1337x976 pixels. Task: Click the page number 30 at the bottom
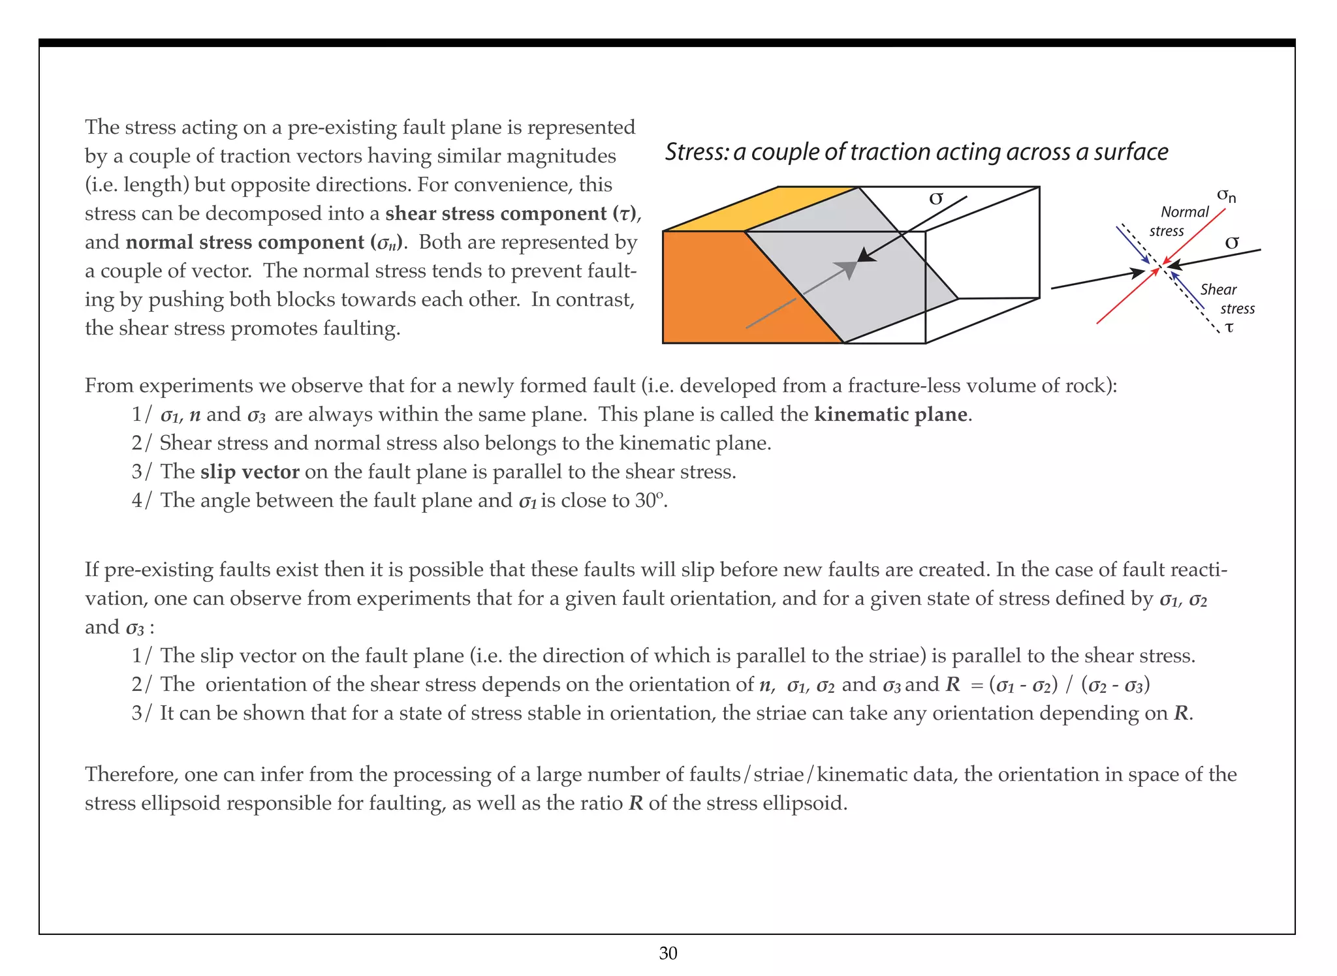[x=668, y=953]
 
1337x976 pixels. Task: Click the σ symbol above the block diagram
[x=936, y=198]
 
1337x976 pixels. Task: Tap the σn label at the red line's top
[x=1226, y=195]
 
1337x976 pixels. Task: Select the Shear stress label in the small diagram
[x=1226, y=299]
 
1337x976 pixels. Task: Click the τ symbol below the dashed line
[x=1229, y=328]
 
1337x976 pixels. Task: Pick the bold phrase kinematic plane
[x=890, y=414]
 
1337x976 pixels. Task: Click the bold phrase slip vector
[x=249, y=472]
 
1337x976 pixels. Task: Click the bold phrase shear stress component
[x=496, y=213]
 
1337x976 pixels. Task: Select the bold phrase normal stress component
[x=245, y=242]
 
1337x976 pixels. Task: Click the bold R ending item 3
[x=1180, y=713]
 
